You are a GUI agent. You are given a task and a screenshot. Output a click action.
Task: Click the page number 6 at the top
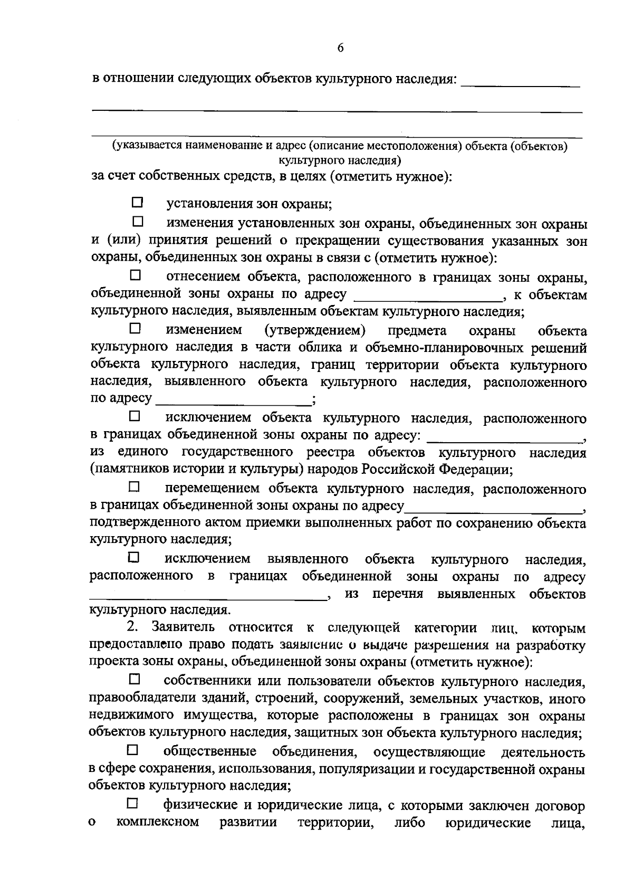340,48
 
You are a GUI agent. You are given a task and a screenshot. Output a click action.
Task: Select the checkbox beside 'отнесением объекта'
136,275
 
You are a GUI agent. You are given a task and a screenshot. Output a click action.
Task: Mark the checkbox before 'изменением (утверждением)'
136,328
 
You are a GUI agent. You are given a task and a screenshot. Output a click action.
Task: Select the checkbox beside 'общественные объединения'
132,749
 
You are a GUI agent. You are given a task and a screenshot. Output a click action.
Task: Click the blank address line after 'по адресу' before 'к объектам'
429,296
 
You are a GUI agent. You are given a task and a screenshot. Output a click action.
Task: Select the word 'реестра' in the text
331,452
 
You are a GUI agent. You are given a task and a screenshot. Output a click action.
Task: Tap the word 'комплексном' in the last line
158,837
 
